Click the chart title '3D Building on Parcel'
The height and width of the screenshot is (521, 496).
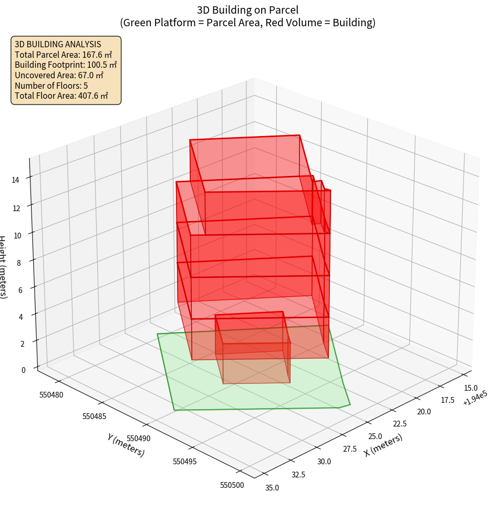[x=247, y=9]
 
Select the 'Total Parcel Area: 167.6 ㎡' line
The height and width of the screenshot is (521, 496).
[x=63, y=54]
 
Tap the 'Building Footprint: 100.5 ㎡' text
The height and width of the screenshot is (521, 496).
[x=66, y=65]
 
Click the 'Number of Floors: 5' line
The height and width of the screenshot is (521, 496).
[x=51, y=86]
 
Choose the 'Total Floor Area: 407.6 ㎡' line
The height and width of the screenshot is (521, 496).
[x=61, y=96]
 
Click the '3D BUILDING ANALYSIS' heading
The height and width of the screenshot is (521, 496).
[x=58, y=44]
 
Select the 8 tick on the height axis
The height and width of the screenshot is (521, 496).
[x=18, y=263]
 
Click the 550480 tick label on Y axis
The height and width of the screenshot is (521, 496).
[x=51, y=394]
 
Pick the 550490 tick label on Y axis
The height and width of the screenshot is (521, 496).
[x=139, y=438]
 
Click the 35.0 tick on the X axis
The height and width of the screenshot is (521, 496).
[x=272, y=488]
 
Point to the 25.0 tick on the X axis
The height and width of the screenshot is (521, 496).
[x=375, y=436]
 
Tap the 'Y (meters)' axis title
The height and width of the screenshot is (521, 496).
[x=126, y=444]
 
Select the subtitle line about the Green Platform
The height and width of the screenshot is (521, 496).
[x=247, y=23]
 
